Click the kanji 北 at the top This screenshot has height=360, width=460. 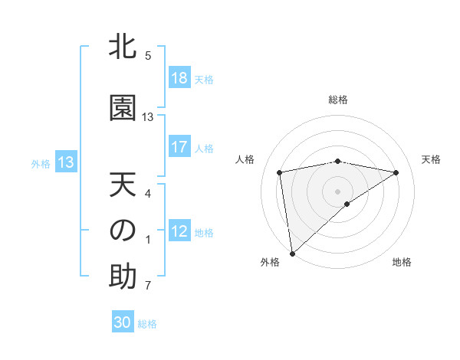(x=123, y=47)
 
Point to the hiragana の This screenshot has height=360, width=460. (x=123, y=231)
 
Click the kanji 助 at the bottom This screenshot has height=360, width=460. (x=123, y=277)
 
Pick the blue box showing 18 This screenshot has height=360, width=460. (x=179, y=78)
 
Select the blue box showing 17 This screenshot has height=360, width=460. (x=179, y=147)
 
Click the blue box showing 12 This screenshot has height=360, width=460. (x=179, y=231)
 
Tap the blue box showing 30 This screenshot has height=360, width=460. (x=123, y=322)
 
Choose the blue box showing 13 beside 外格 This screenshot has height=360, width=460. (x=65, y=162)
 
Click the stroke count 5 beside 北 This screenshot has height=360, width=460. (x=148, y=55)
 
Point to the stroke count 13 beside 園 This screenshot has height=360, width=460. (x=148, y=117)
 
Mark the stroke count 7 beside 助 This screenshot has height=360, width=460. (x=148, y=286)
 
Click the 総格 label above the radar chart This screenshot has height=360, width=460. (x=338, y=100)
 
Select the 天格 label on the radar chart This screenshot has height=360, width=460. (x=432, y=159)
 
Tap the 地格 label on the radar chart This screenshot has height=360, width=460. (x=402, y=262)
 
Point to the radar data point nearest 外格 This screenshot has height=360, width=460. (x=292, y=253)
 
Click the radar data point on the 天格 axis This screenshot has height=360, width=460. (x=396, y=172)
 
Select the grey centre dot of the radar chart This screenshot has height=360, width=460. (x=338, y=191)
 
